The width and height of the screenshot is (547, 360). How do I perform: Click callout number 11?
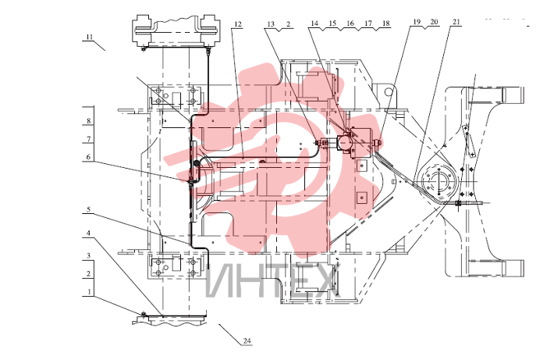(90, 37)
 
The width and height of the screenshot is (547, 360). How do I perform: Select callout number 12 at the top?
(238, 24)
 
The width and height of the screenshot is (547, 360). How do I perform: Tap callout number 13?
(271, 23)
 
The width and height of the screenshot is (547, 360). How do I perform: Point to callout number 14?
(314, 23)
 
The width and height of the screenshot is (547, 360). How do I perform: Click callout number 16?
(350, 23)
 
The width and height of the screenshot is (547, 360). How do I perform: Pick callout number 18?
(385, 23)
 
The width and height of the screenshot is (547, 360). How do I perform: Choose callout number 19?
(417, 22)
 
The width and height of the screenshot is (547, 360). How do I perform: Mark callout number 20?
(434, 22)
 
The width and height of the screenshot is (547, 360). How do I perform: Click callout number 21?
(456, 22)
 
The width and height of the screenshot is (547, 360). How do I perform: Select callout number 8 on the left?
(89, 121)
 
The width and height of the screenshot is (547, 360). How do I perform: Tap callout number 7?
(89, 139)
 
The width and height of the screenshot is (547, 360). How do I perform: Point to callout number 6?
(89, 157)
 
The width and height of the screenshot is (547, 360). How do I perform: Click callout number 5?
(89, 209)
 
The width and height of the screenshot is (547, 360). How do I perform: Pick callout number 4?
(89, 233)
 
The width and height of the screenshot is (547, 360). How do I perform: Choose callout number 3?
(89, 255)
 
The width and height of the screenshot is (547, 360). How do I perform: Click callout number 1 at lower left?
(89, 291)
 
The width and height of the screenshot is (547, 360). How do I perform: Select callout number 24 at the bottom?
(247, 340)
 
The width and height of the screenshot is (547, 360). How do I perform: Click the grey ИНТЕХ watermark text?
(273, 281)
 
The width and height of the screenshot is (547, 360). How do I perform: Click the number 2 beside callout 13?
(288, 23)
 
